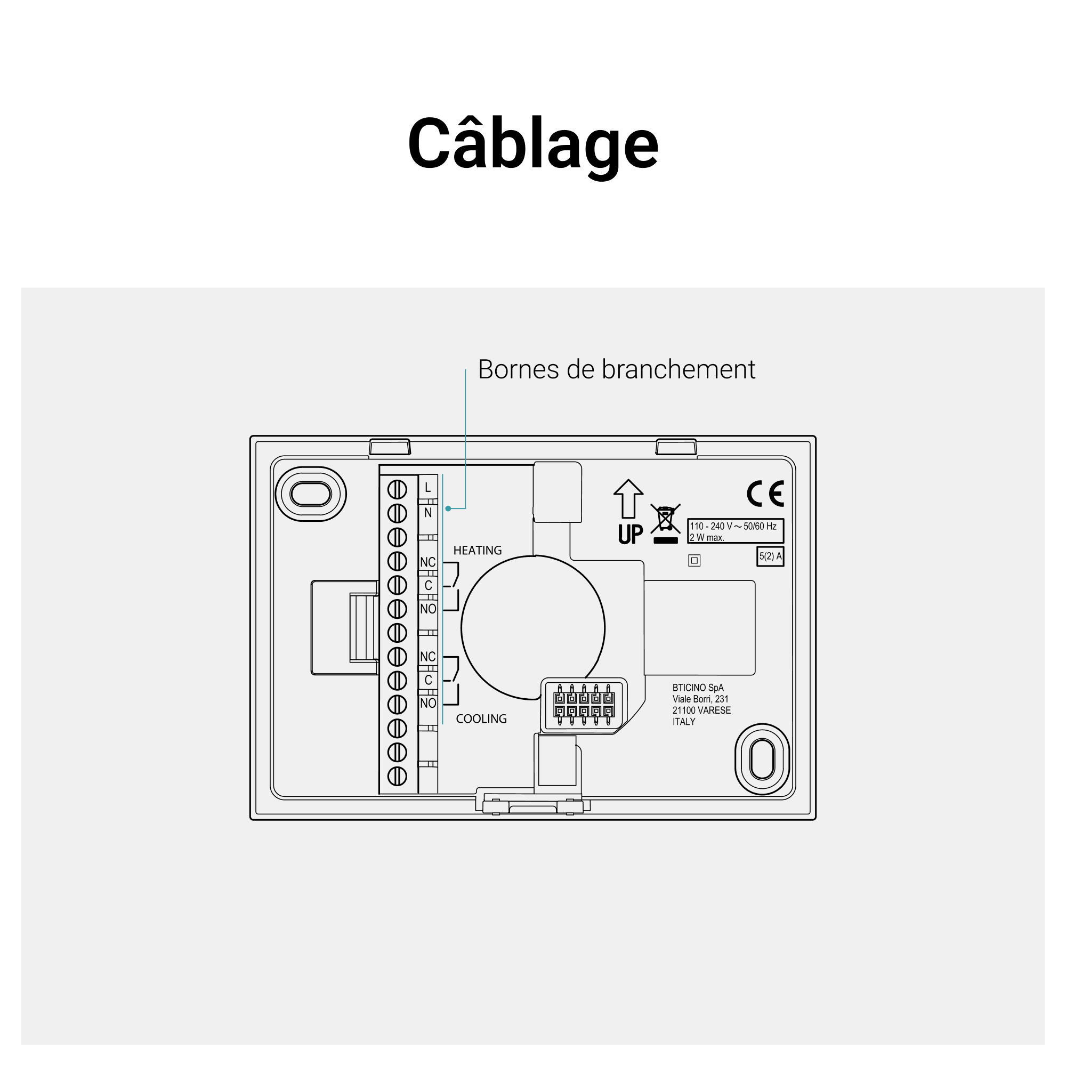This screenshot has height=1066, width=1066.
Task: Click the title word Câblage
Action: coord(532,144)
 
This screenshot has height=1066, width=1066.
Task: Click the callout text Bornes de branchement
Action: coord(616,369)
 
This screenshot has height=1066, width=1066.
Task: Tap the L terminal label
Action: coord(427,488)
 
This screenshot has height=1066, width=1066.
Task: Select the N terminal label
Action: coord(427,513)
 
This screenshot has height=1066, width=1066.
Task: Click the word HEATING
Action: coord(477,550)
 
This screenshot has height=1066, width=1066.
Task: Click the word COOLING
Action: coord(481,718)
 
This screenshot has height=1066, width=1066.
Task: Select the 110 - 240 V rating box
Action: coord(735,531)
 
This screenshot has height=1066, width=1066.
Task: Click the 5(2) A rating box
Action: coord(770,556)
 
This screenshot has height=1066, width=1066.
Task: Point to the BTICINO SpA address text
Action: coord(701,704)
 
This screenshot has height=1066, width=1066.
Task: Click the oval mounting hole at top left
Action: coord(311,494)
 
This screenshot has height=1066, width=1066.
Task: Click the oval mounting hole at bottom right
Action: coord(763,759)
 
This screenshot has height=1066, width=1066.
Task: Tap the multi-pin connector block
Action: coord(584,705)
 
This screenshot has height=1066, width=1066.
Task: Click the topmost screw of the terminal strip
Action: coord(397,489)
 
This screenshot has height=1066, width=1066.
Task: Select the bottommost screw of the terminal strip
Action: coord(397,777)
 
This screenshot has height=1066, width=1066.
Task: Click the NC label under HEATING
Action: coord(427,562)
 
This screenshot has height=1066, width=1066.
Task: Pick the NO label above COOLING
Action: coord(427,703)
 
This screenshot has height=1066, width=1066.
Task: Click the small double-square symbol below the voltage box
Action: coord(694,561)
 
